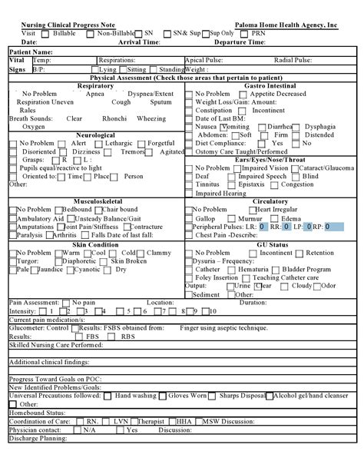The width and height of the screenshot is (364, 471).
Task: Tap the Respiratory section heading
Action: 95,86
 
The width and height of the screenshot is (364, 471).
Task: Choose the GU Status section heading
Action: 272,244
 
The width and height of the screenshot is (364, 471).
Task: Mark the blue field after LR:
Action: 263,227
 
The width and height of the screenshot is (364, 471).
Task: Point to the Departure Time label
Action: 240,42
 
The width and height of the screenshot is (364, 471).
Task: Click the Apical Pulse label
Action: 205,60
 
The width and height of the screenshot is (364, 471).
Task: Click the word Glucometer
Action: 27,327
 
